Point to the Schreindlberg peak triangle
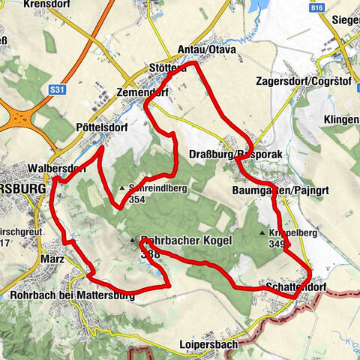(122, 187)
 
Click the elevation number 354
(136, 200)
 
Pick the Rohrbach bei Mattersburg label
(73, 295)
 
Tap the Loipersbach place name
(208, 345)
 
